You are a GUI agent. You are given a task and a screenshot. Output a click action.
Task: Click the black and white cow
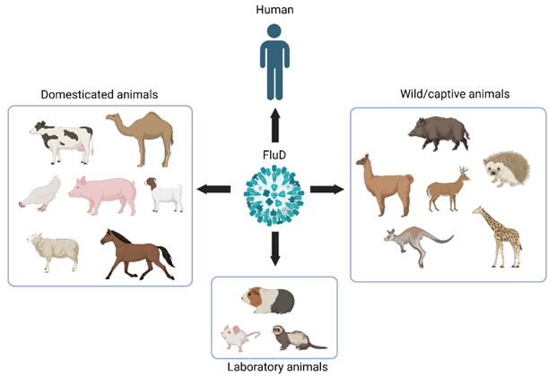[x=61, y=141]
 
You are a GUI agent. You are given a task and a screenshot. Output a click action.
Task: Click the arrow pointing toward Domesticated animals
[x=212, y=189]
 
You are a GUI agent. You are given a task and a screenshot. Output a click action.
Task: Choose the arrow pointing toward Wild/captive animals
[x=327, y=189]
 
